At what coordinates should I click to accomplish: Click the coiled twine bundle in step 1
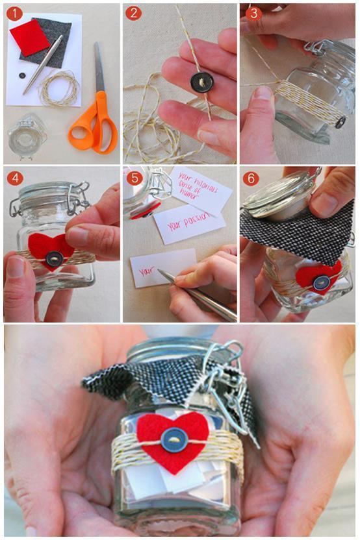pyautogui.click(x=58, y=88)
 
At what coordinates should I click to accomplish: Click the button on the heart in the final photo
pyautogui.click(x=174, y=440)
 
